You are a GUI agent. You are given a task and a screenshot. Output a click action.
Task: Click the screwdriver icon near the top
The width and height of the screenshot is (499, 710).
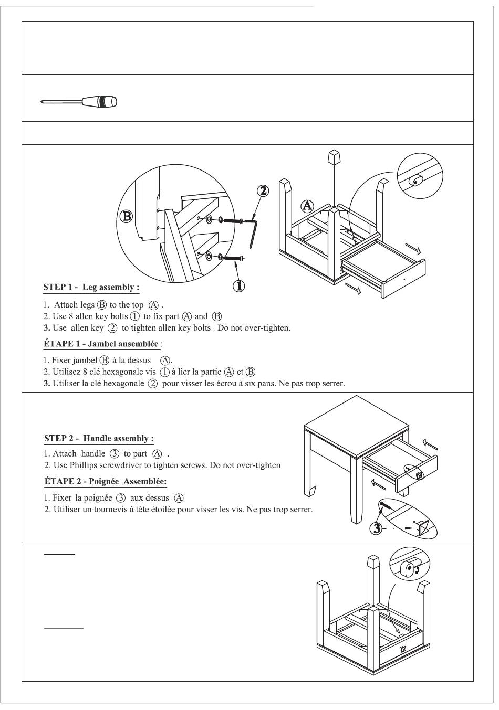click(79, 101)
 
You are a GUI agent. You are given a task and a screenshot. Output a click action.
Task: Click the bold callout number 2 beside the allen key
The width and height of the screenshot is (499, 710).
click(263, 191)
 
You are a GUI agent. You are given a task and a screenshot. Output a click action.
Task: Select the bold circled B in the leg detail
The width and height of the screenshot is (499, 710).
click(126, 216)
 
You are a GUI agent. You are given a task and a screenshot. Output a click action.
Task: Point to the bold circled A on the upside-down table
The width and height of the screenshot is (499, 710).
click(307, 205)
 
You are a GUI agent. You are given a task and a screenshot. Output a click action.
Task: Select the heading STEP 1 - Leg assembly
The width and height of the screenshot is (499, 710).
click(91, 288)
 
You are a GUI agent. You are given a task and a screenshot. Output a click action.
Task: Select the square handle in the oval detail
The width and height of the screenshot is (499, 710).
click(424, 525)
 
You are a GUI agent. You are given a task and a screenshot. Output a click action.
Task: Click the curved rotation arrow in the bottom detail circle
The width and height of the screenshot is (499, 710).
click(417, 570)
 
